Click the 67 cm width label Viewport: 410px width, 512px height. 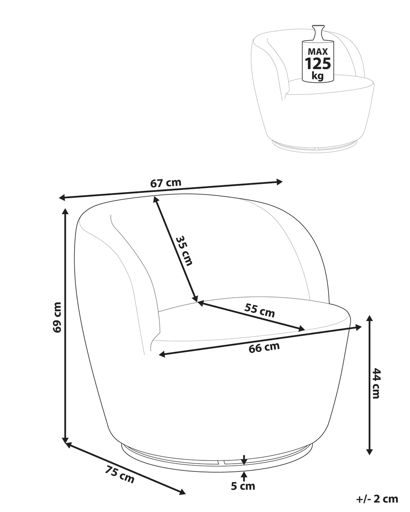click(166, 183)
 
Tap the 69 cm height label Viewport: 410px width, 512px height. click(57, 317)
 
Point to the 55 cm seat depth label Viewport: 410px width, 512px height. click(259, 311)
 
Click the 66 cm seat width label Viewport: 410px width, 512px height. click(264, 348)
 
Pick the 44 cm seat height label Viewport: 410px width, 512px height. click(376, 383)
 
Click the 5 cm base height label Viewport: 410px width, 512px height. click(243, 486)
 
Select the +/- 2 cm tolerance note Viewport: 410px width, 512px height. click(377, 499)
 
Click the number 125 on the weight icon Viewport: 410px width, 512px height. click(318, 63)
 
